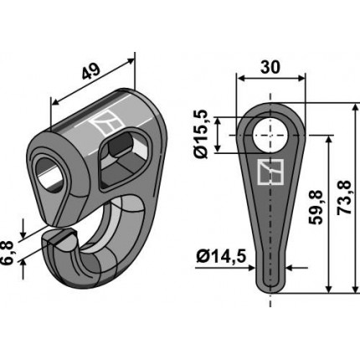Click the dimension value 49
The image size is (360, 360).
pyautogui.click(x=91, y=72)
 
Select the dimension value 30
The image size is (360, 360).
pyautogui.click(x=270, y=67)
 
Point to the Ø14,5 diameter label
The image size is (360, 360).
pyautogui.click(x=222, y=256)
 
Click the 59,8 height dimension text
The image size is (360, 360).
pyautogui.click(x=316, y=208)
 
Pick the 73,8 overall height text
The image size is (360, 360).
pyautogui.click(x=343, y=198)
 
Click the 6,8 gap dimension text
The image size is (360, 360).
pyautogui.click(x=7, y=253)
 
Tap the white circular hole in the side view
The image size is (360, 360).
pyautogui.click(x=270, y=135)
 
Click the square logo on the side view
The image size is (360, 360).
pyautogui.click(x=270, y=172)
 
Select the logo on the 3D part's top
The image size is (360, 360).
pyautogui.click(x=107, y=123)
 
